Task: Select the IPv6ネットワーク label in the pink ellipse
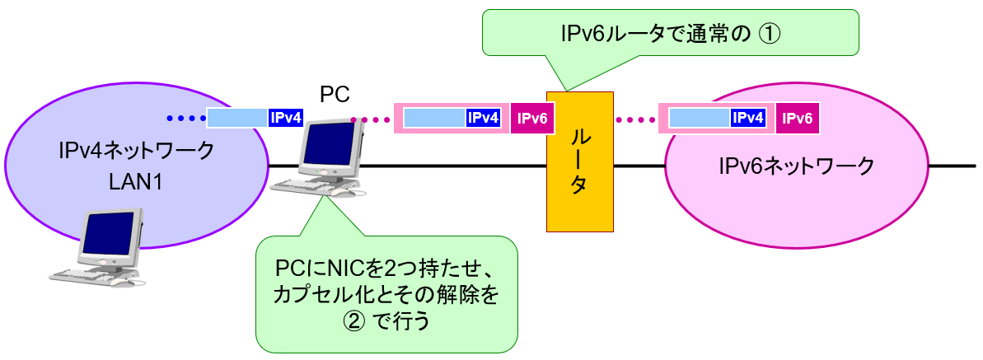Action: pos(796,166)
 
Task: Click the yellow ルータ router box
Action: pos(579,161)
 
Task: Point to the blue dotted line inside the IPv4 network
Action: pos(183,119)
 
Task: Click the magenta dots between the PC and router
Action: pos(370,119)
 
